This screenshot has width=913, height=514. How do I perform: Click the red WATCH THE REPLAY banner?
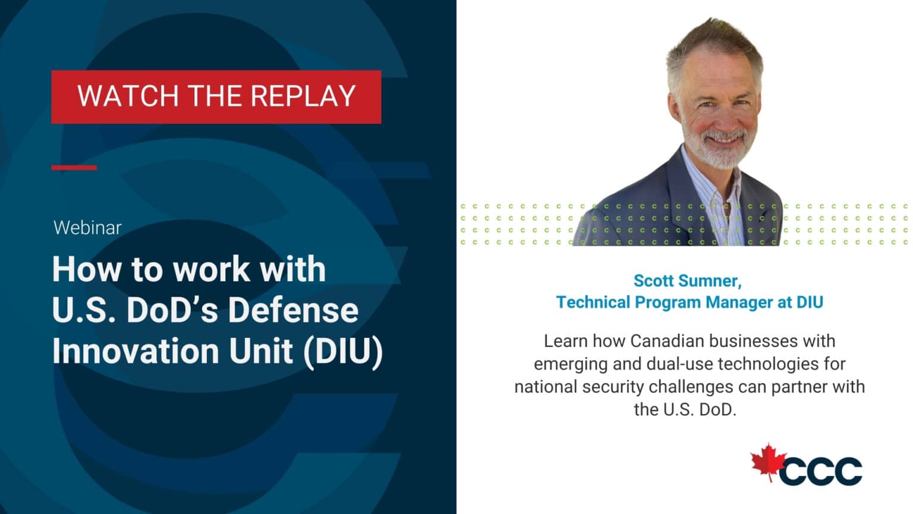pyautogui.click(x=216, y=97)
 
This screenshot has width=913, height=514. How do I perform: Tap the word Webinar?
pyautogui.click(x=87, y=228)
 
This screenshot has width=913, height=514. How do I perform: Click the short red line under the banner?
pyautogui.click(x=74, y=167)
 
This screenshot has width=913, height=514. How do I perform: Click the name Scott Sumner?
pyautogui.click(x=687, y=281)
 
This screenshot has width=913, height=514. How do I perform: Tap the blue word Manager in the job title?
pyautogui.click(x=739, y=302)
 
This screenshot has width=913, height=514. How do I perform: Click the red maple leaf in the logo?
pyautogui.click(x=768, y=462)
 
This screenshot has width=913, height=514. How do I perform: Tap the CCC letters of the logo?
pyautogui.click(x=821, y=471)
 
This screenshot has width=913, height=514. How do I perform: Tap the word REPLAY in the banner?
pyautogui.click(x=303, y=97)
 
